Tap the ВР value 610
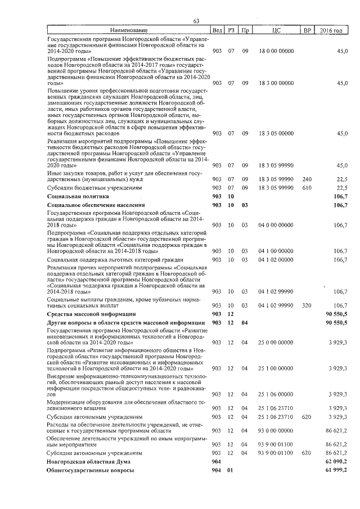click(307, 187)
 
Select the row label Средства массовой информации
click(91, 313)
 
